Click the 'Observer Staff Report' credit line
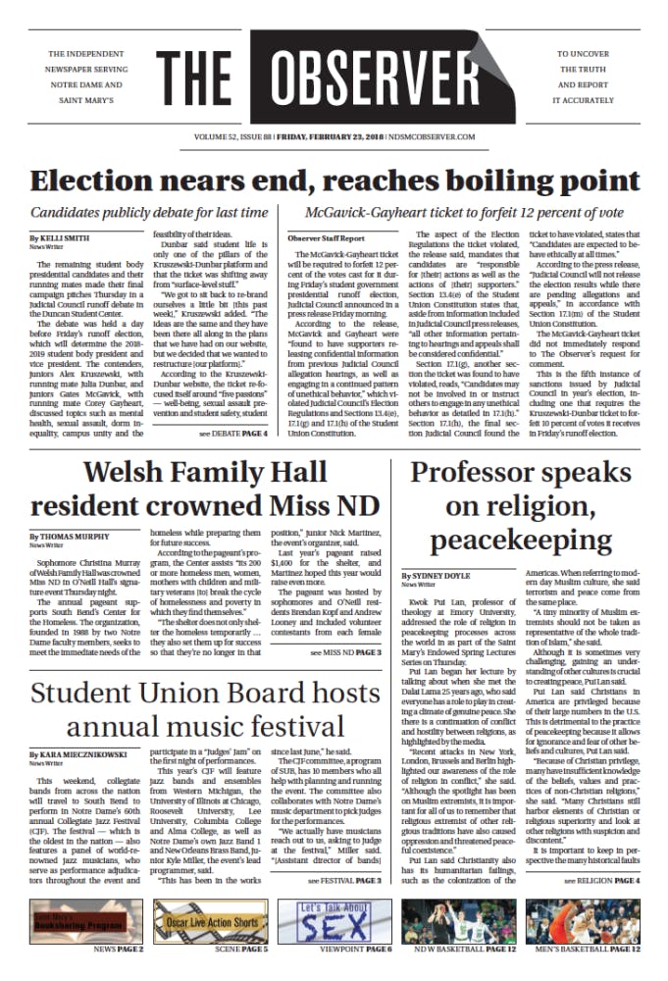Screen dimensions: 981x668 click(x=327, y=238)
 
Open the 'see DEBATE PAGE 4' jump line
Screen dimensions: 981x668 click(x=232, y=434)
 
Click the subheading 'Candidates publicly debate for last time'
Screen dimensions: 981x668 click(x=149, y=212)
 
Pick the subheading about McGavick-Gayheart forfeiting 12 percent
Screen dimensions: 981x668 click(x=465, y=212)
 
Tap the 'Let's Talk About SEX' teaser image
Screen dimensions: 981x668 click(x=334, y=921)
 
